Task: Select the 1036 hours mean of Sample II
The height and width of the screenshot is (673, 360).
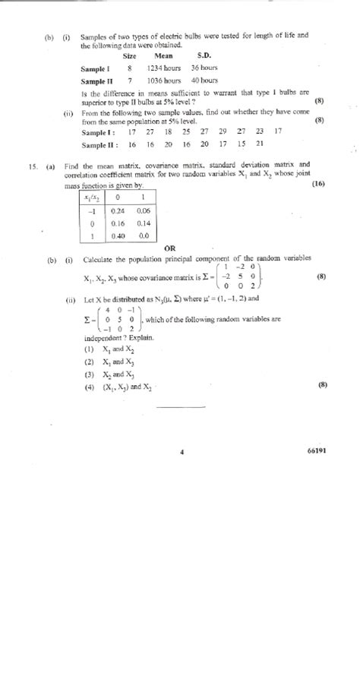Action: point(164,81)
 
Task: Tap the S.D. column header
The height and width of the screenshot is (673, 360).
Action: point(204,56)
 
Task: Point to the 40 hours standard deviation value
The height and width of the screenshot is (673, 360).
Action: point(204,81)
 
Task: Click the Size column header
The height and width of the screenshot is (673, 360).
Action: point(130,56)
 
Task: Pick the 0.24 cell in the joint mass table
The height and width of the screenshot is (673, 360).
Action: point(118,210)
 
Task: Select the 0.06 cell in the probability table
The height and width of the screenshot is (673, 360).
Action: point(144,210)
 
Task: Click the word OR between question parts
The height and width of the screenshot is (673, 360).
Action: point(169,248)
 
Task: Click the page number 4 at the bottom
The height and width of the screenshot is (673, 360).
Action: point(182,450)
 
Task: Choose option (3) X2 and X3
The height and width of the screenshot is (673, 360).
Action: point(110,374)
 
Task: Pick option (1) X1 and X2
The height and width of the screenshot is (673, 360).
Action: point(110,349)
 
